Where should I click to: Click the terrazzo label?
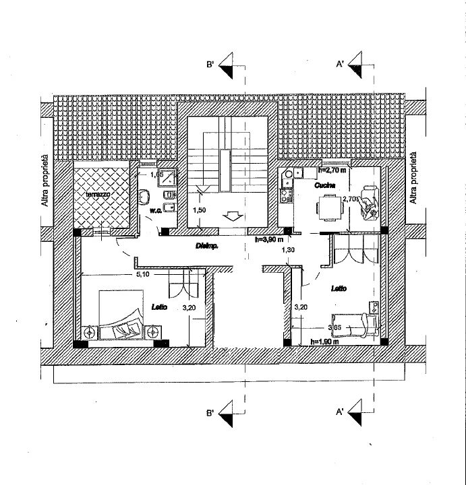click(x=98, y=194)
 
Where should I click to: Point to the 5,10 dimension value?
click(x=142, y=275)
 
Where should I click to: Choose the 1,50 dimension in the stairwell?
click(x=200, y=211)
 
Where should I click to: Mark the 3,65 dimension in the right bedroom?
click(x=334, y=328)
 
